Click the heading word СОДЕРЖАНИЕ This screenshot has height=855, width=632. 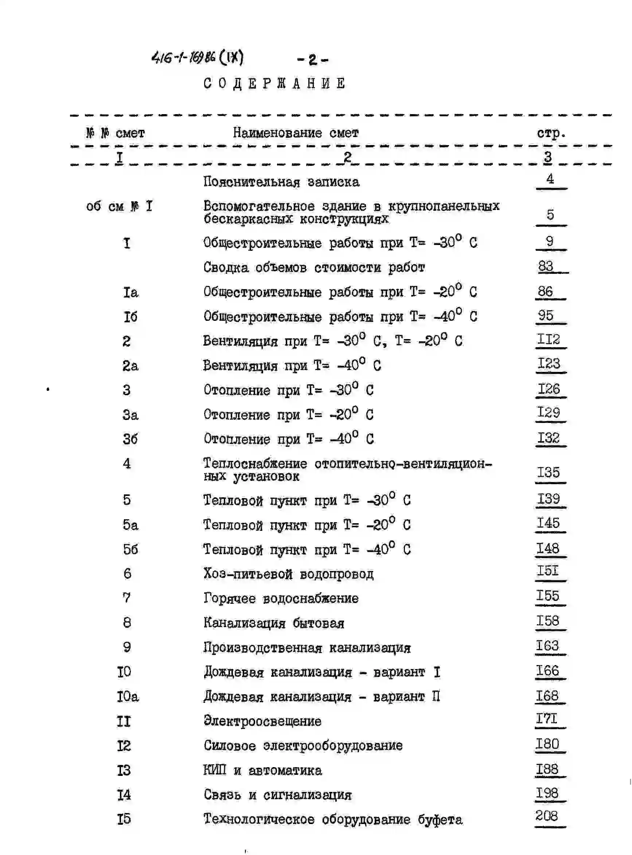(274, 83)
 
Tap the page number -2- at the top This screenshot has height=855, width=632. (313, 60)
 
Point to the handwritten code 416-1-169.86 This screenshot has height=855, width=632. (184, 58)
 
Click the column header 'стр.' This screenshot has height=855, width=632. (551, 133)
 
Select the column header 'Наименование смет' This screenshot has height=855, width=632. (296, 133)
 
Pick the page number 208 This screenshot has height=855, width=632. (547, 816)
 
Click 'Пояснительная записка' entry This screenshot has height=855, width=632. (281, 182)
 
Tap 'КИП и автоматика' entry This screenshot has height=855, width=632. (262, 770)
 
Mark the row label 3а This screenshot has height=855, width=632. (130, 415)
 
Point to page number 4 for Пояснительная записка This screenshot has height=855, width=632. (550, 179)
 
